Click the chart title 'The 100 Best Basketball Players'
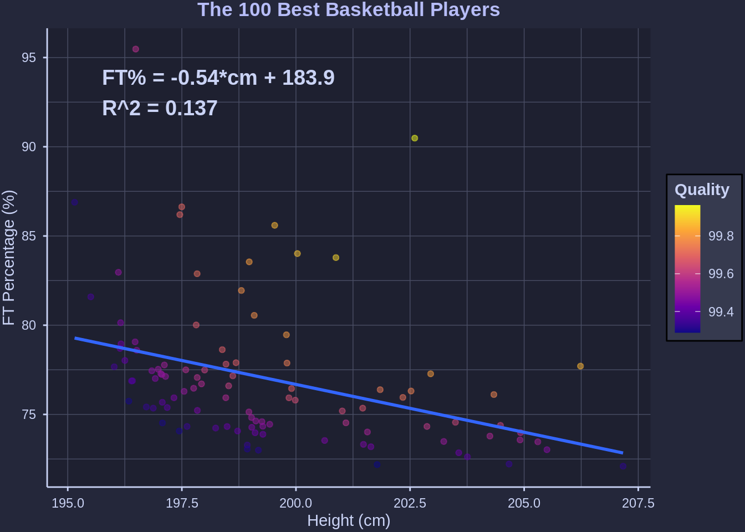point(348,10)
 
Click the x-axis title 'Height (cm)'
point(349,521)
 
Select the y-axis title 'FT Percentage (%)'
point(9,258)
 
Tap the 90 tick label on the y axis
point(29,147)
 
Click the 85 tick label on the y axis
point(29,236)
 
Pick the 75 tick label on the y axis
point(29,415)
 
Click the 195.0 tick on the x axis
point(68,503)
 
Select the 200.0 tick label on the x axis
point(295,503)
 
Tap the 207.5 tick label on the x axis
point(638,503)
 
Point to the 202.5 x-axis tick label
point(410,503)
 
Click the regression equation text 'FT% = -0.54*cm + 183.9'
point(218,78)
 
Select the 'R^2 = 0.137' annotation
point(160,109)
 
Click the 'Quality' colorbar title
point(702,190)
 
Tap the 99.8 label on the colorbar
point(721,236)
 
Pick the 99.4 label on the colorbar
point(721,312)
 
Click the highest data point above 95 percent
point(136,49)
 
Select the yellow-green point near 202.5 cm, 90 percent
point(415,138)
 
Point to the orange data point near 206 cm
point(580,366)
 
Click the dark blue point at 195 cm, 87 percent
point(74,202)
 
